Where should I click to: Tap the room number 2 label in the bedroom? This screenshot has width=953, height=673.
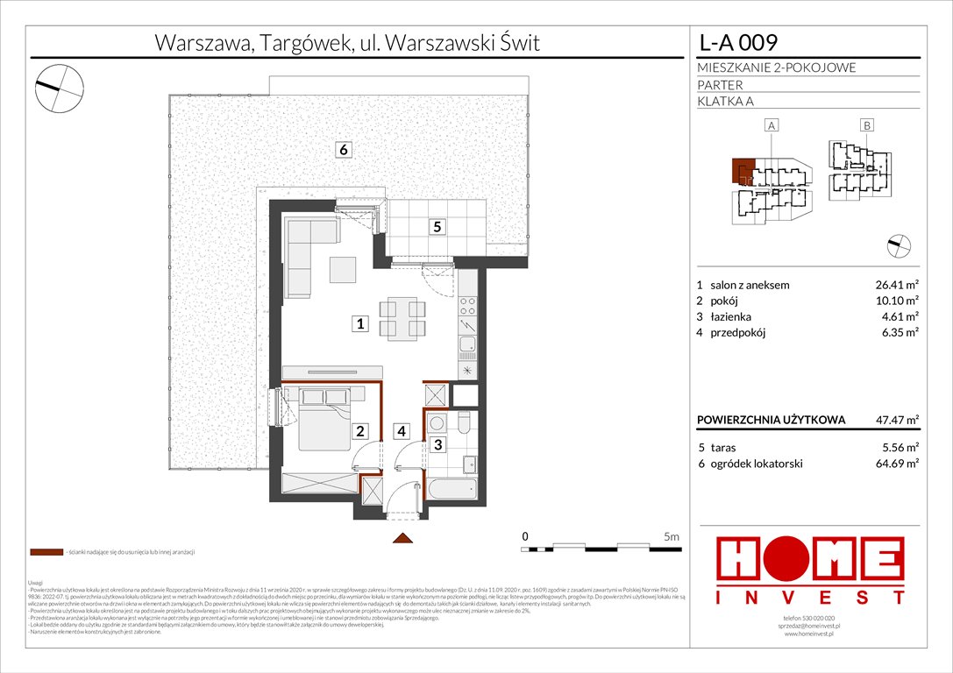point(359,430)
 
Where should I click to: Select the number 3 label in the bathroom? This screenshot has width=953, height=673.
point(437,444)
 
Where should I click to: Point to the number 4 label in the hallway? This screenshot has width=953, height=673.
point(401,430)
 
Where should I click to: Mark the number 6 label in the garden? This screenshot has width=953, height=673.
point(345,150)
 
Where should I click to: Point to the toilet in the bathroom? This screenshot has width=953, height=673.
point(465,426)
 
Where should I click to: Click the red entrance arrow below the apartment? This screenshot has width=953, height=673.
point(402,538)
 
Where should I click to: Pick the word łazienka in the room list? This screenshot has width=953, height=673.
point(729,316)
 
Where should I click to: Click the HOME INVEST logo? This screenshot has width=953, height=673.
point(811,570)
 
